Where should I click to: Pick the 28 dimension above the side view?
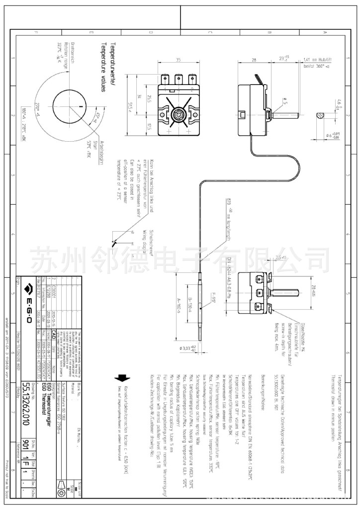click(254, 60)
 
